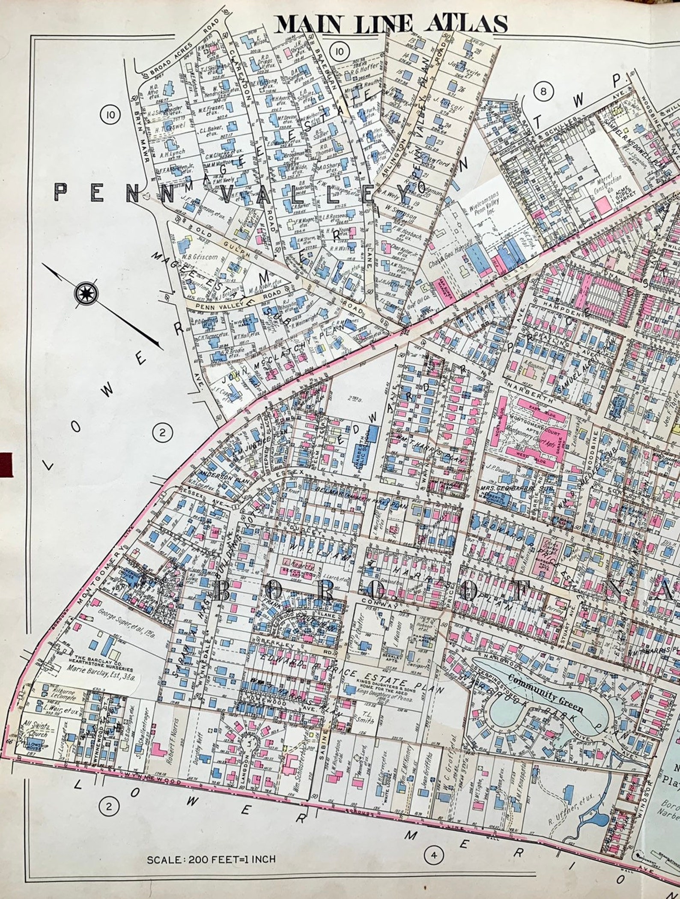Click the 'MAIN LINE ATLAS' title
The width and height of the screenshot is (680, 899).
click(x=391, y=24)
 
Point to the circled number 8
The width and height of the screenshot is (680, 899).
click(x=543, y=91)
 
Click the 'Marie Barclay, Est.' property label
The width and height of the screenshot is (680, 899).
click(x=98, y=677)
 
